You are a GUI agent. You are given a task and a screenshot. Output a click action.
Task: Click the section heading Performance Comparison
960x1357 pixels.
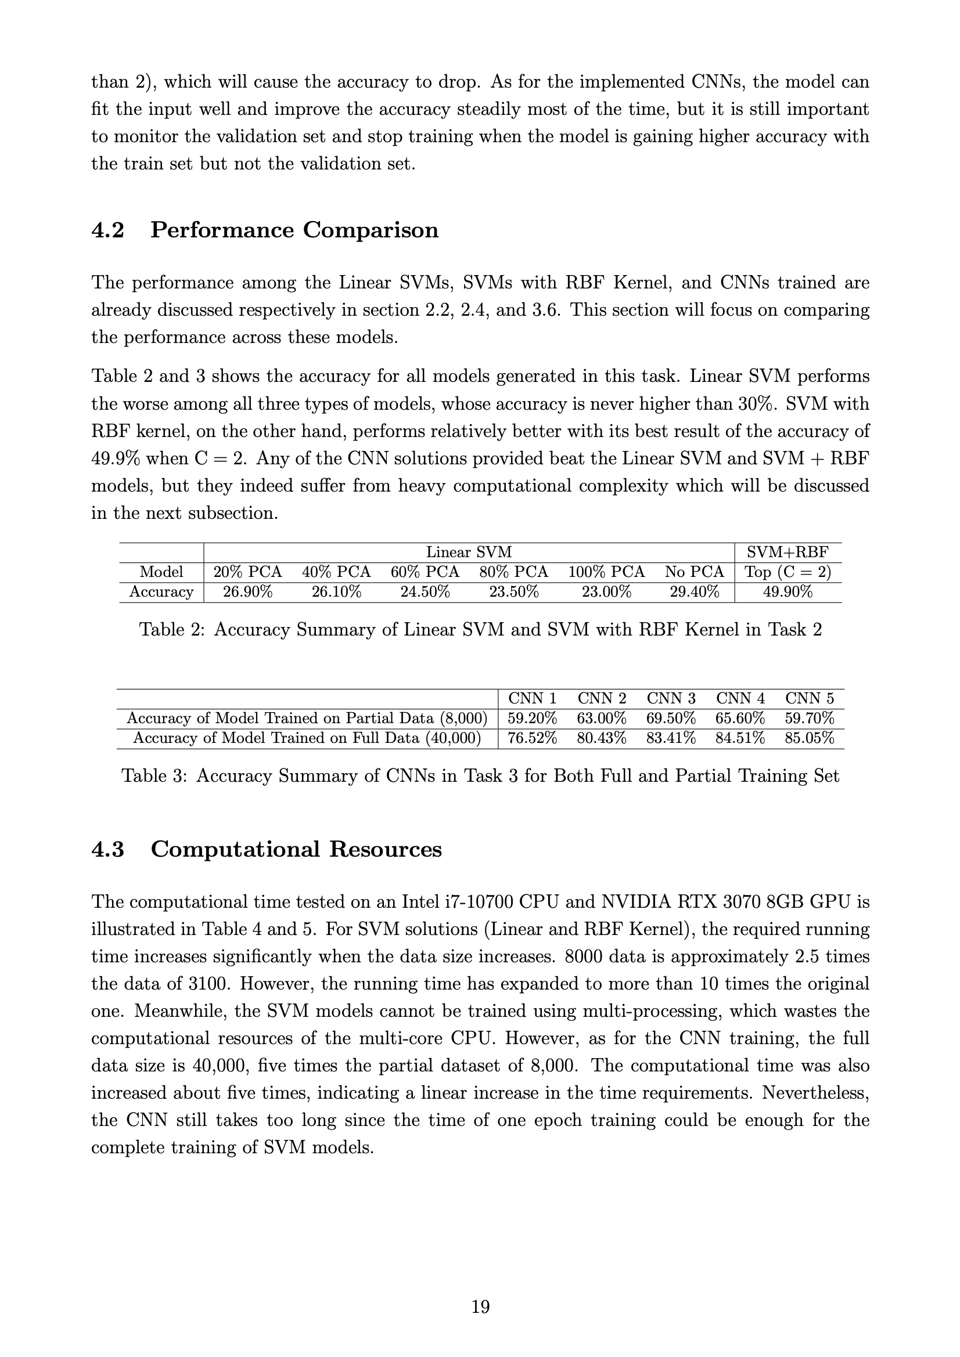(x=294, y=230)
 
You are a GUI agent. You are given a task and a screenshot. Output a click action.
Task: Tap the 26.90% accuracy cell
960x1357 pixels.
(x=247, y=591)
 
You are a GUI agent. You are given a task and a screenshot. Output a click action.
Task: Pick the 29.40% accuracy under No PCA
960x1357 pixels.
(x=695, y=591)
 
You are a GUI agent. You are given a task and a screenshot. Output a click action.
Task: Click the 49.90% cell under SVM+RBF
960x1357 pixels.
(x=788, y=591)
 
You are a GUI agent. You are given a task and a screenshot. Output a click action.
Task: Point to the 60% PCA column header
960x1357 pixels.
(x=425, y=572)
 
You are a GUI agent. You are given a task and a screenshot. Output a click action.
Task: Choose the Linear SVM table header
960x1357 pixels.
(x=469, y=553)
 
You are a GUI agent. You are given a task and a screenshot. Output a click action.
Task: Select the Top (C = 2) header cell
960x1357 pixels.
(x=788, y=572)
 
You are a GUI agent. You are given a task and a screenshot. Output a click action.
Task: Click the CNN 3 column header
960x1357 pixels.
(x=671, y=699)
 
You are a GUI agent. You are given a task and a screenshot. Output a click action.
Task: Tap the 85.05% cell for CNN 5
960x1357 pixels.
(x=809, y=738)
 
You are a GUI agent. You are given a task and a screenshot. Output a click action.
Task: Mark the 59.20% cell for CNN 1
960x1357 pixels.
(x=533, y=719)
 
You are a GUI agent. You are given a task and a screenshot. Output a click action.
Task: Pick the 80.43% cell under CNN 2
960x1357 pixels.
(x=602, y=738)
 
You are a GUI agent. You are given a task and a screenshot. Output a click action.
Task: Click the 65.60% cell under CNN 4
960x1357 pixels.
(x=740, y=719)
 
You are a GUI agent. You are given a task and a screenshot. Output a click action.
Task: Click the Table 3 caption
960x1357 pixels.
(x=480, y=776)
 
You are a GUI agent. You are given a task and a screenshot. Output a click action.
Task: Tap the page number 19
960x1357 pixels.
(x=480, y=1307)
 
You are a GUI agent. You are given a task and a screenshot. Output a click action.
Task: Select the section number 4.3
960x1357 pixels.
(x=107, y=849)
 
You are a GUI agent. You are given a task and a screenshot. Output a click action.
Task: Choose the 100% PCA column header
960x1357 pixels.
(x=606, y=572)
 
